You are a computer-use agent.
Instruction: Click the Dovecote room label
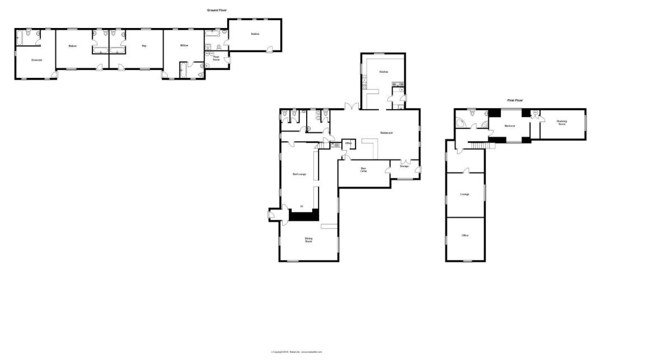pos(37,60)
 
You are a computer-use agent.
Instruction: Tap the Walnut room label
pos(72,45)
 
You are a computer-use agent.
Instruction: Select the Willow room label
pos(184,45)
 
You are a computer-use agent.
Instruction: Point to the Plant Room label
pos(215,58)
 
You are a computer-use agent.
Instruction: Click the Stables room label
pos(255,34)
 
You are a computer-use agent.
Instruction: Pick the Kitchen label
pos(384,72)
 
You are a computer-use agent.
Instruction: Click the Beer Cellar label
pos(363,169)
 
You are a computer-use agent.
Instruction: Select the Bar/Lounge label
pos(299,174)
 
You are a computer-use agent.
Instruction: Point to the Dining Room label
pos(308,240)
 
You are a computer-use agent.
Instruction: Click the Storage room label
pos(404,166)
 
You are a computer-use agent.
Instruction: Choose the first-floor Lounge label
pos(465,194)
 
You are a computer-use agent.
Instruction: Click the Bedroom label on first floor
pos(509,126)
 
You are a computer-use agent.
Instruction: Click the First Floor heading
pos(515,100)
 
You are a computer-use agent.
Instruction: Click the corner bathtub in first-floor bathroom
pos(462,123)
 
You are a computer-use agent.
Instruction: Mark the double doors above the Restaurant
pos(351,106)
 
